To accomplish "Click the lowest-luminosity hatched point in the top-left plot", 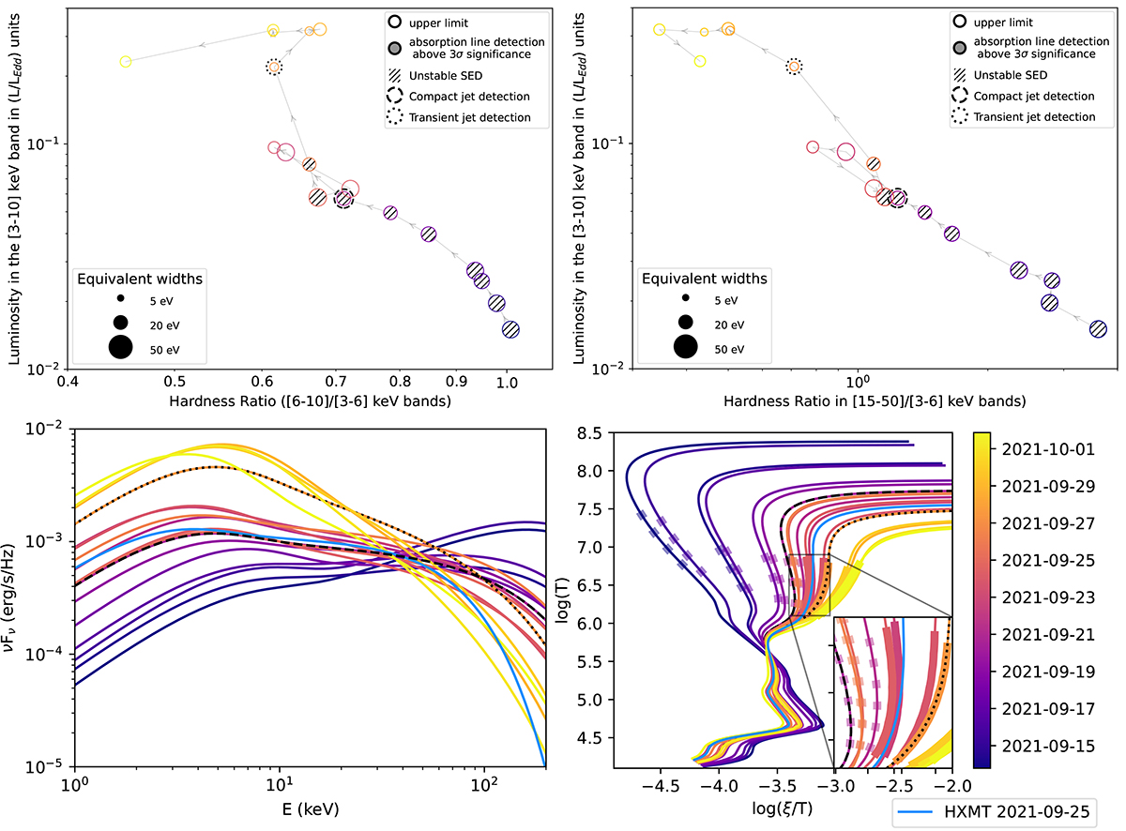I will (510, 329).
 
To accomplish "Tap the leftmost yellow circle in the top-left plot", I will (126, 62).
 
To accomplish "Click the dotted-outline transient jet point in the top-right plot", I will (794, 67).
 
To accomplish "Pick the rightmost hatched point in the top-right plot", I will (1098, 329).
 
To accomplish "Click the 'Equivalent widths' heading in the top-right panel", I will (704, 278).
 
